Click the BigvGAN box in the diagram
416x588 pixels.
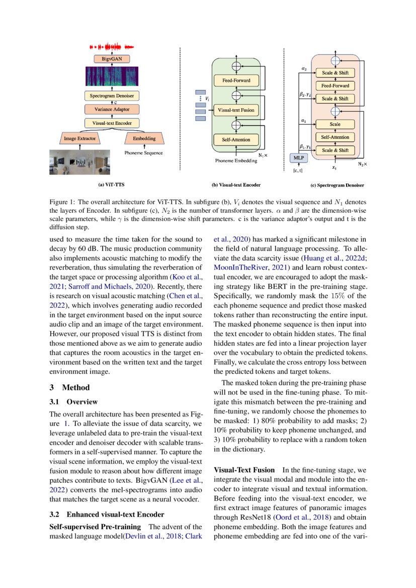tap(108, 59)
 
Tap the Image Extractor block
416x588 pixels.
tap(79, 138)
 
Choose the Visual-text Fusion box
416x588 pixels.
tap(234, 110)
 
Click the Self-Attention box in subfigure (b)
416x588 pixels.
tap(232, 139)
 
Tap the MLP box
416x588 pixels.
tap(299, 158)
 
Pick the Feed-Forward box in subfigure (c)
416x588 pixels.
tap(335, 86)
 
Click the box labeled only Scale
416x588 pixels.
tap(335, 124)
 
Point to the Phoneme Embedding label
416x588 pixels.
tap(232, 161)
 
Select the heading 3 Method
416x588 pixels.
tap(69, 387)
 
